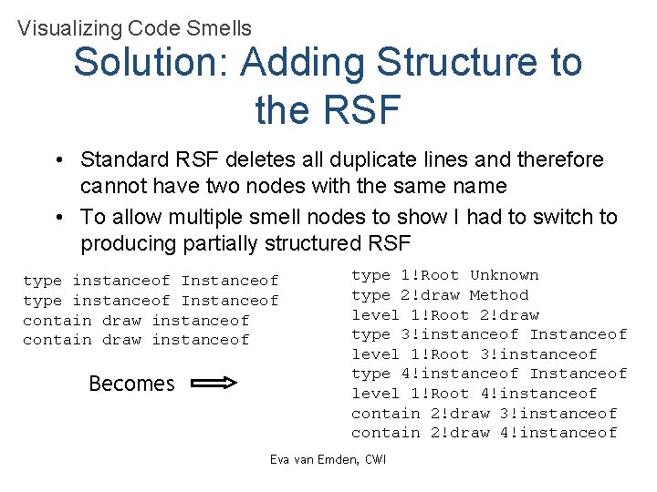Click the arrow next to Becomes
pyautogui.click(x=215, y=384)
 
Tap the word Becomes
pyautogui.click(x=131, y=384)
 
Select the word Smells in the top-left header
pyautogui.click(x=218, y=28)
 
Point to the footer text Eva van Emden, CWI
pyautogui.click(x=328, y=459)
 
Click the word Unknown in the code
pyautogui.click(x=505, y=275)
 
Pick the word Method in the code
pyautogui.click(x=499, y=295)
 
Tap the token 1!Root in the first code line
pyautogui.click(x=430, y=275)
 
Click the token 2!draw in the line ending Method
pyautogui.click(x=430, y=295)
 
